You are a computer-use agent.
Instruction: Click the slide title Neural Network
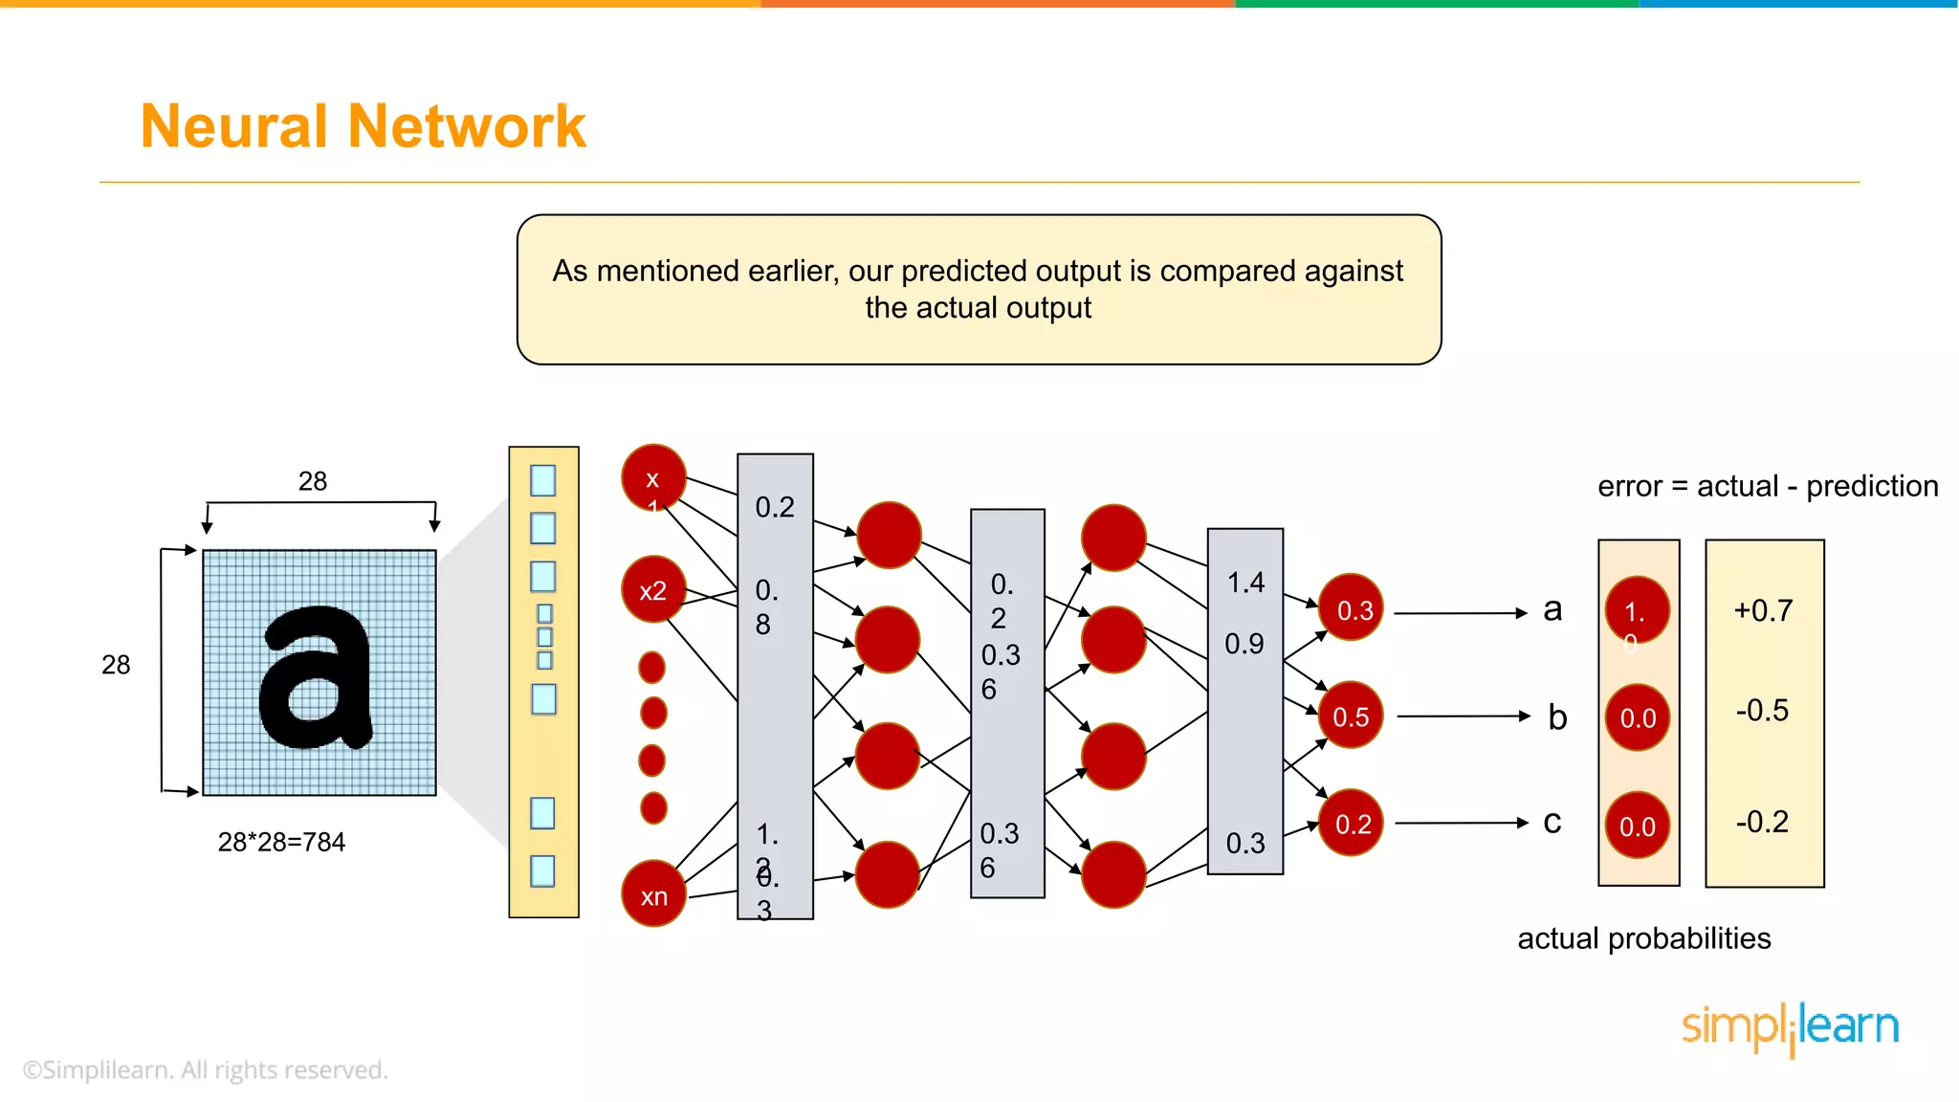click(x=363, y=126)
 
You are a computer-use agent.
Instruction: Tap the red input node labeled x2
click(x=653, y=589)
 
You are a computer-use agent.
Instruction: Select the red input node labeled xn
click(x=653, y=894)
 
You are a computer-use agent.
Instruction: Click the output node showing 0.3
click(x=1352, y=608)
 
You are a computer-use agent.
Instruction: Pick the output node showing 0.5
click(x=1351, y=716)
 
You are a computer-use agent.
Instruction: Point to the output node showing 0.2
click(x=1352, y=823)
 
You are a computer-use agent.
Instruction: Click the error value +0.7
click(x=1763, y=610)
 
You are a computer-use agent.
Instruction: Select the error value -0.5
click(x=1762, y=710)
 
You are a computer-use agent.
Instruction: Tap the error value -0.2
click(x=1762, y=822)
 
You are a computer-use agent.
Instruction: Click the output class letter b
click(x=1557, y=717)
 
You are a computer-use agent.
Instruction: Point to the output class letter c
click(x=1552, y=823)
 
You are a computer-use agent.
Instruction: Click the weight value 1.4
click(x=1245, y=583)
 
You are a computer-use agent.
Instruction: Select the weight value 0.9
click(x=1244, y=644)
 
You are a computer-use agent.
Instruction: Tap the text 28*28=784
click(x=281, y=842)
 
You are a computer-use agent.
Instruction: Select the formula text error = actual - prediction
click(x=1768, y=486)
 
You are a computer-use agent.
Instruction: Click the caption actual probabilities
click(x=1643, y=938)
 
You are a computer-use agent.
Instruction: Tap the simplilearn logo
click(x=1790, y=1027)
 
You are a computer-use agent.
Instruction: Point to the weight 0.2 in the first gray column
click(x=775, y=507)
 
